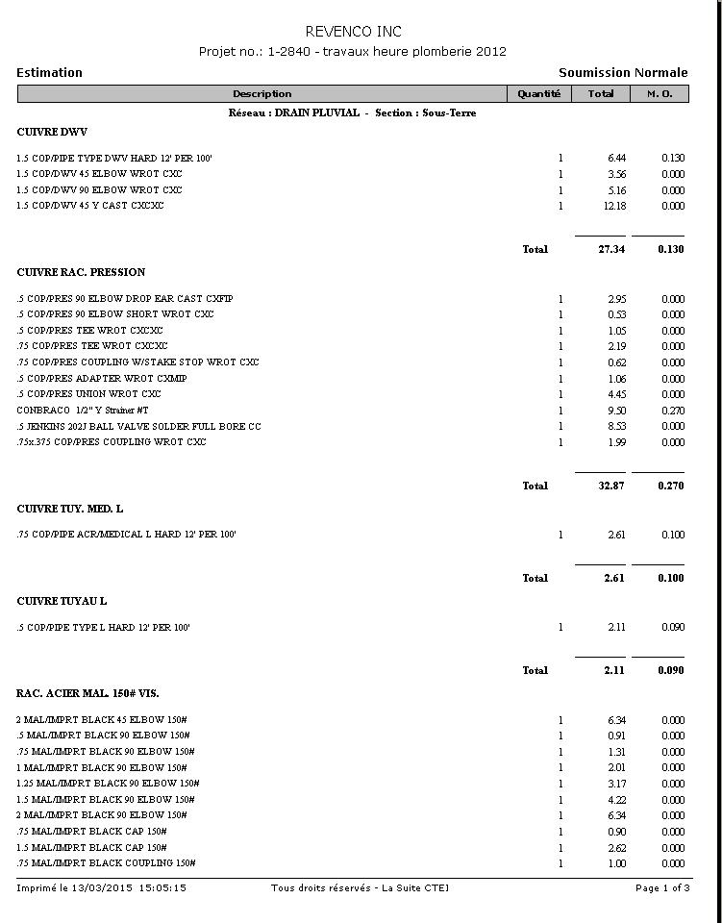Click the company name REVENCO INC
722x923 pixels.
(x=354, y=32)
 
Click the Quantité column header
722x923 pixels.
(x=538, y=93)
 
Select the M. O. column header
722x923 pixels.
(x=660, y=93)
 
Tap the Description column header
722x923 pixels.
(x=261, y=93)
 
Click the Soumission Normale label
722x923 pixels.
(x=623, y=72)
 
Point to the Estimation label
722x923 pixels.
(x=49, y=72)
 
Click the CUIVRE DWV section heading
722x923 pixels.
(x=52, y=132)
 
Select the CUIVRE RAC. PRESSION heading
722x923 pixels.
(x=81, y=272)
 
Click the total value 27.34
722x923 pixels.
(x=611, y=249)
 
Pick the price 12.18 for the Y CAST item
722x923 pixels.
(x=616, y=206)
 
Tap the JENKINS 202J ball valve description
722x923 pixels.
(x=138, y=426)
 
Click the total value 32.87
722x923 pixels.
(x=611, y=486)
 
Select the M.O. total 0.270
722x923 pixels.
(x=671, y=486)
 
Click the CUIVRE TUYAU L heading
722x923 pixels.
(x=62, y=601)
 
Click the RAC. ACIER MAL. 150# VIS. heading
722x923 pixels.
(x=87, y=693)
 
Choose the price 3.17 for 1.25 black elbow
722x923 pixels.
(x=616, y=784)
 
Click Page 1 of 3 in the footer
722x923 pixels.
(x=662, y=887)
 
